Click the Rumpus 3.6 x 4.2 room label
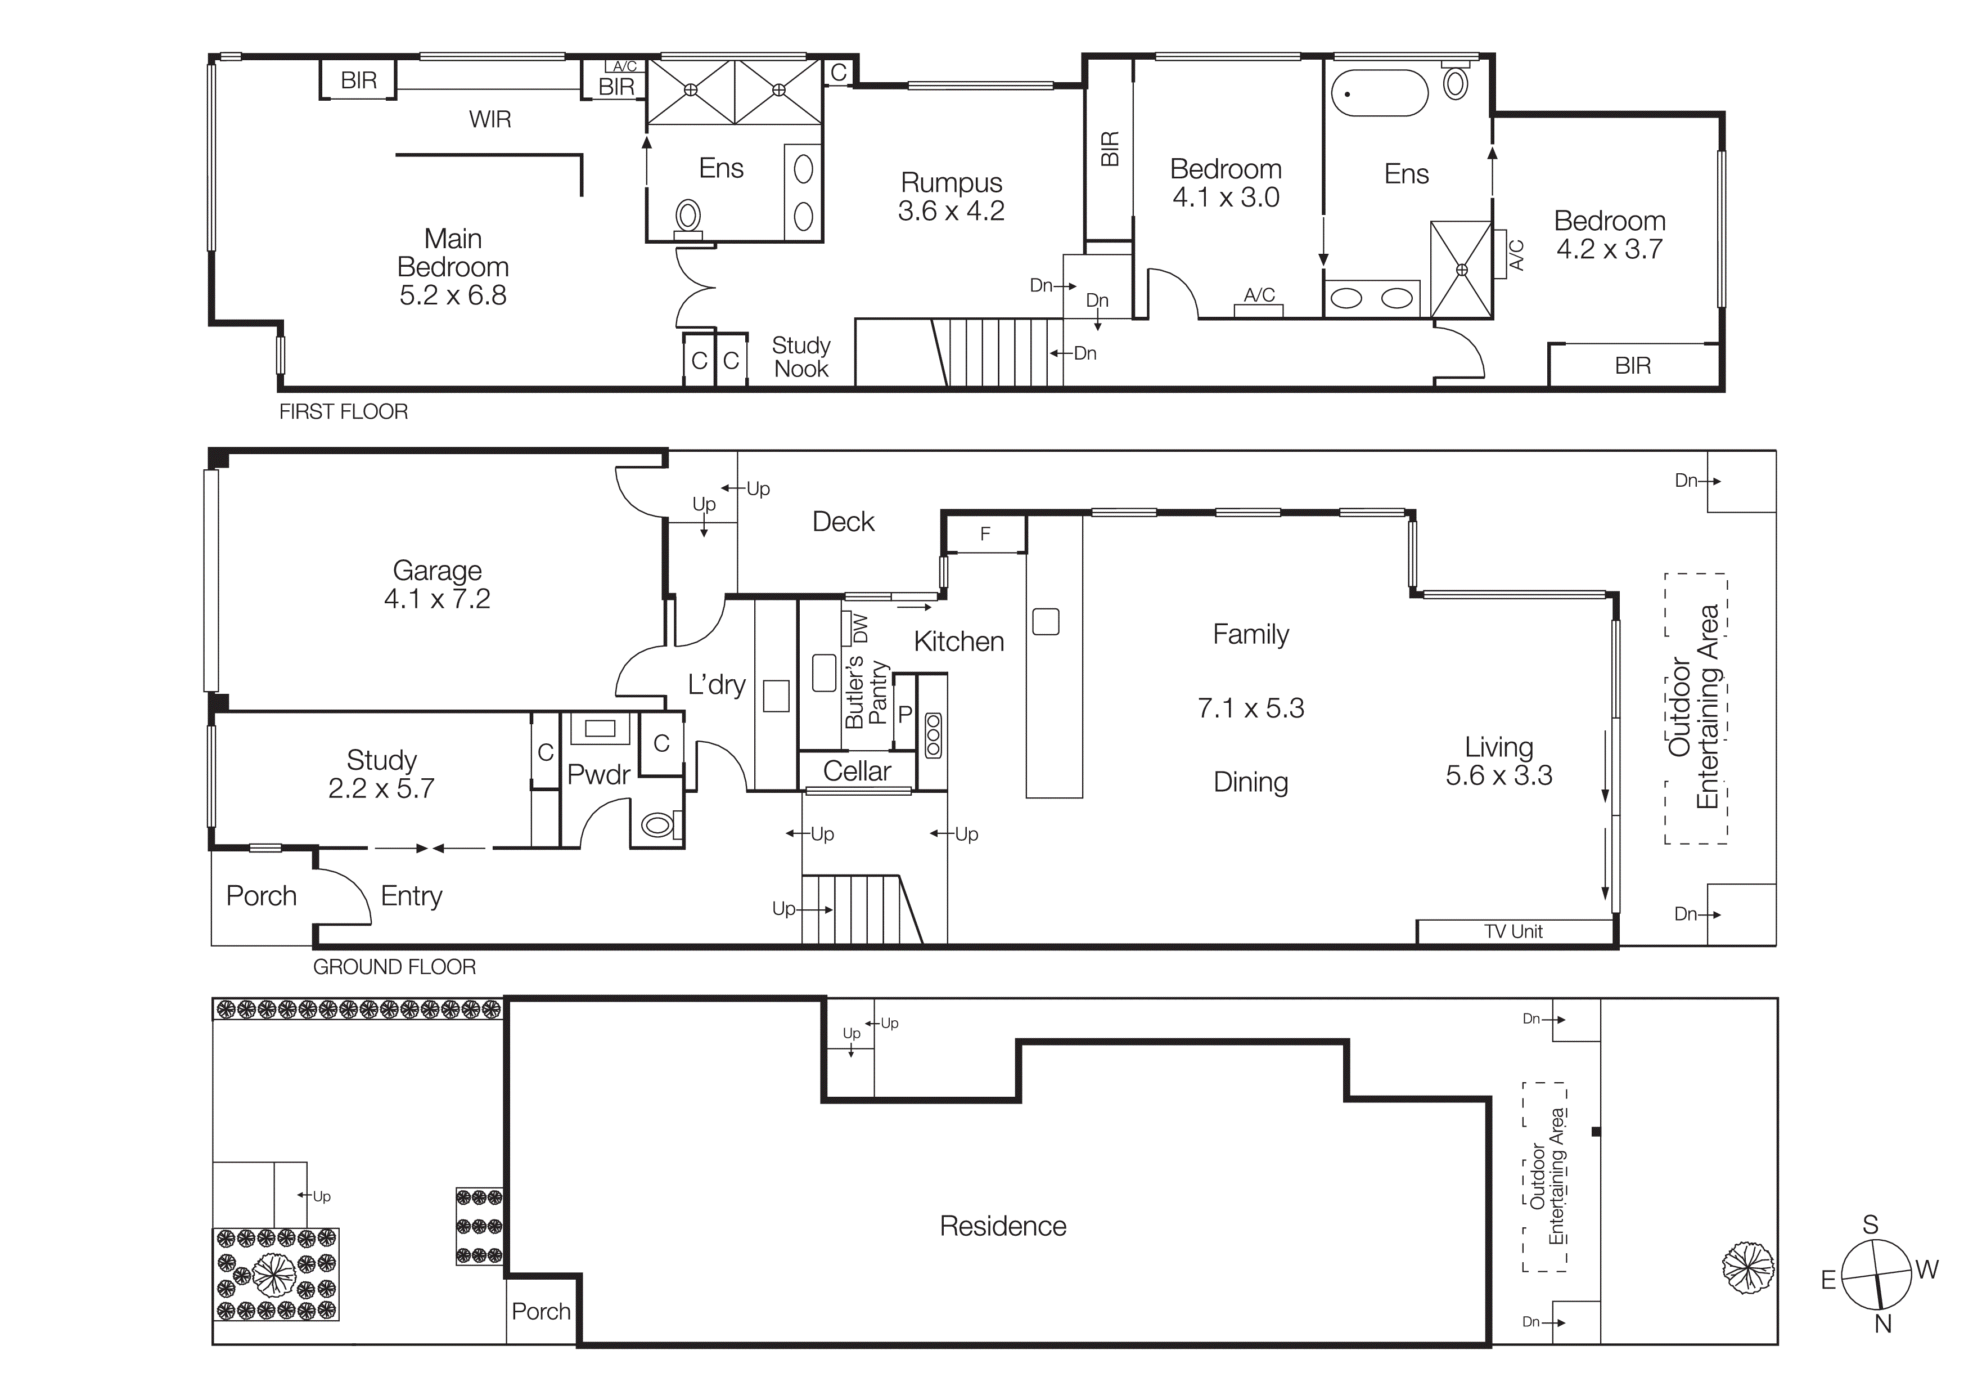pyautogui.click(x=951, y=197)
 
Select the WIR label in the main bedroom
pyautogui.click(x=490, y=119)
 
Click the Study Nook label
pyautogui.click(x=801, y=357)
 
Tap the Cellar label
pyautogui.click(x=857, y=771)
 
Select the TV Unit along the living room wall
pyautogui.click(x=1513, y=932)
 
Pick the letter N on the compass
pyautogui.click(x=1883, y=1325)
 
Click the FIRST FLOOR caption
pyautogui.click(x=343, y=412)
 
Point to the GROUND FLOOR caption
pyautogui.click(x=394, y=967)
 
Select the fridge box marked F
pyautogui.click(x=985, y=535)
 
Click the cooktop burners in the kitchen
pyautogui.click(x=933, y=735)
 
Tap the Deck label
pyautogui.click(x=843, y=522)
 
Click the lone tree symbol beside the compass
pyautogui.click(x=1748, y=1267)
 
